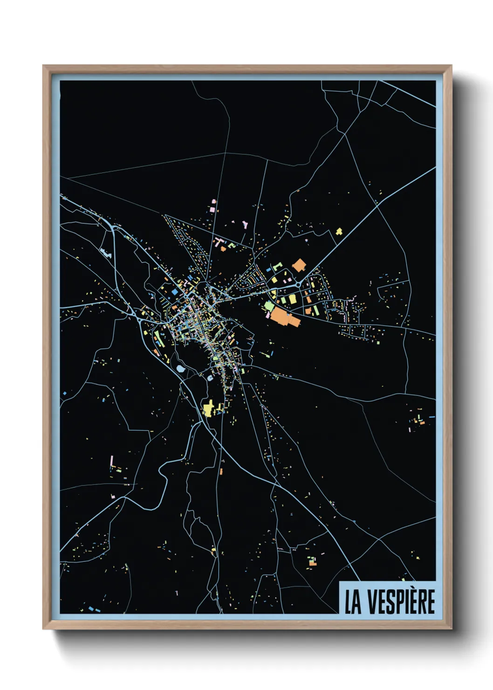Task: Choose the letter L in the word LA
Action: (349, 602)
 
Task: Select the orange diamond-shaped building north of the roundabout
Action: (299, 265)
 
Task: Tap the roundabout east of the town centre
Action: (297, 283)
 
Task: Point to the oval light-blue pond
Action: (180, 369)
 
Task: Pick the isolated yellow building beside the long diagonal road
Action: (339, 231)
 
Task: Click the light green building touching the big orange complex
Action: (269, 306)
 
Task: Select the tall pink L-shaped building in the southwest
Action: (111, 462)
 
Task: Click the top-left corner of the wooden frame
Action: (43, 66)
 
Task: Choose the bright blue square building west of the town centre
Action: (175, 291)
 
